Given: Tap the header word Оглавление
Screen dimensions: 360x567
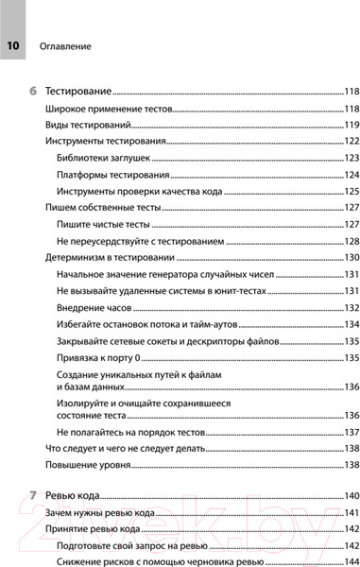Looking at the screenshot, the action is [65, 45].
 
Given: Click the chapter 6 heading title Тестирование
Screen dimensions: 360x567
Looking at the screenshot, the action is [79, 92].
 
